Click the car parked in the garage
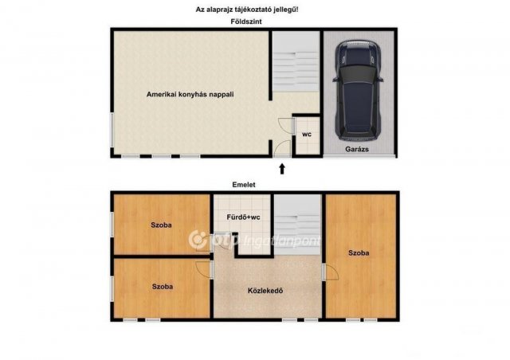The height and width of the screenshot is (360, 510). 358,91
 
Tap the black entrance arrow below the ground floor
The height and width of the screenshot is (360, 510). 282,169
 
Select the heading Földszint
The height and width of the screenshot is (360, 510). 246,22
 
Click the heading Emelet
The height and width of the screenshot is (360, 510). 244,185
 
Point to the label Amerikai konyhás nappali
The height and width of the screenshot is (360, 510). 190,95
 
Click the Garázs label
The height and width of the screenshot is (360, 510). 357,149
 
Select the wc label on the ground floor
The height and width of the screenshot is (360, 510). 307,134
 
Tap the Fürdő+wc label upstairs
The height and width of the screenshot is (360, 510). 243,217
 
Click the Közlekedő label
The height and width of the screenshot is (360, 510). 265,291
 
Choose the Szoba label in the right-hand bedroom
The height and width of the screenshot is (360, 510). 359,253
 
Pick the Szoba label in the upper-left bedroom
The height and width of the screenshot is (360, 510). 161,225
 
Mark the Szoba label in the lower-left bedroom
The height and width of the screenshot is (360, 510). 163,287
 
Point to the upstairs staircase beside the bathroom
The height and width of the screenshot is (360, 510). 297,225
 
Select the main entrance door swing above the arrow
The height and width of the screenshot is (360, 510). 282,149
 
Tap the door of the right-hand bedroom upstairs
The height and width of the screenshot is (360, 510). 331,272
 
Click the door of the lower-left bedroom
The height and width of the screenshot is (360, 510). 204,269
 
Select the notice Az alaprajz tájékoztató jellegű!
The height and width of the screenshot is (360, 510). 247,10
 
